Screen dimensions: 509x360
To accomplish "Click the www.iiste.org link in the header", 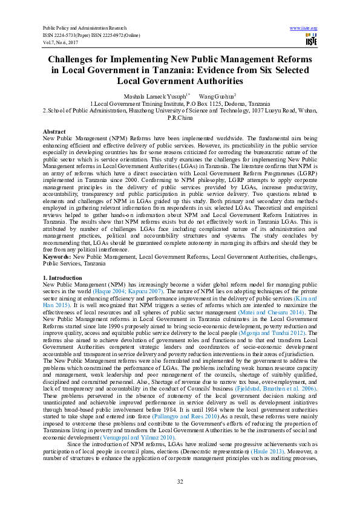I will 304,28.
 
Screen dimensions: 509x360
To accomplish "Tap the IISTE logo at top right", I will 311,41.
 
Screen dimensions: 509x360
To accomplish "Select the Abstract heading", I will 54,132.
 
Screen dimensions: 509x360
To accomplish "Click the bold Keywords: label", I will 56,257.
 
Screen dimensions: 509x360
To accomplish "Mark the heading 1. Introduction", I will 63,277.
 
